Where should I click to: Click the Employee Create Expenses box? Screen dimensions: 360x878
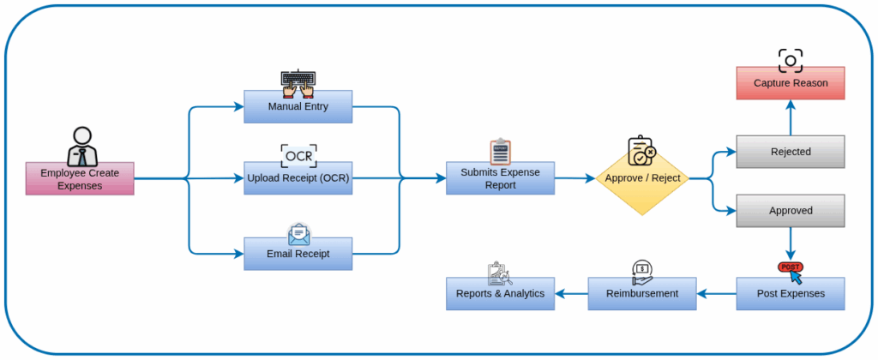(x=80, y=179)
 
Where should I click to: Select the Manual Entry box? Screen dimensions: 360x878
(x=298, y=107)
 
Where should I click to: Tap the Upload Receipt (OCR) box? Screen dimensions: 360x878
(x=298, y=178)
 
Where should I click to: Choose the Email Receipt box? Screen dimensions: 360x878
(x=298, y=254)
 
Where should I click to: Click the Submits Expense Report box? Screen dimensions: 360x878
(x=500, y=178)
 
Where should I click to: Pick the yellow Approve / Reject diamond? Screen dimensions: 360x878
(x=642, y=178)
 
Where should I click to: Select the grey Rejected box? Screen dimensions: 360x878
(x=790, y=152)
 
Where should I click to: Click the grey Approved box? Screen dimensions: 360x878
(x=790, y=210)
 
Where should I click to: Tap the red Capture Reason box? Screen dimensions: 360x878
(x=790, y=83)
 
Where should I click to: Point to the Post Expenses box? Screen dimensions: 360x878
(x=790, y=293)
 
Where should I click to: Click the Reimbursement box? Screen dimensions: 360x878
(x=641, y=293)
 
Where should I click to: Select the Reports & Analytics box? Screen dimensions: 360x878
(x=501, y=293)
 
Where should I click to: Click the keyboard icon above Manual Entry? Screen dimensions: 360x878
(x=298, y=81)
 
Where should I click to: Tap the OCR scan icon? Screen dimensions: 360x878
(x=298, y=155)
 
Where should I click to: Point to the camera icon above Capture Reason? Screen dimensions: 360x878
(x=790, y=60)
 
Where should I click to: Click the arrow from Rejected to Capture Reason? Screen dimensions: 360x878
(x=790, y=117)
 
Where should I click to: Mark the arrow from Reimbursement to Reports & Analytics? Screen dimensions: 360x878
(x=572, y=293)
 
